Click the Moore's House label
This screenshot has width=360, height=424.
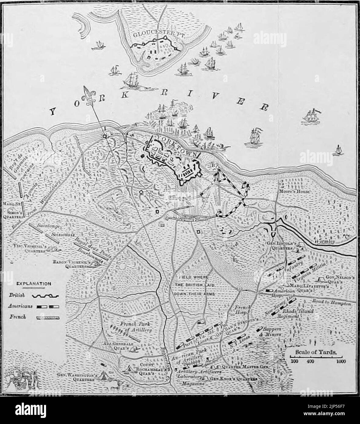(x=295, y=192)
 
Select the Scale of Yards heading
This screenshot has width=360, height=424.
(x=315, y=352)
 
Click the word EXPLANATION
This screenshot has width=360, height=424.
(x=34, y=283)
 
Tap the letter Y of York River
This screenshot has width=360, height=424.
(x=53, y=113)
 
